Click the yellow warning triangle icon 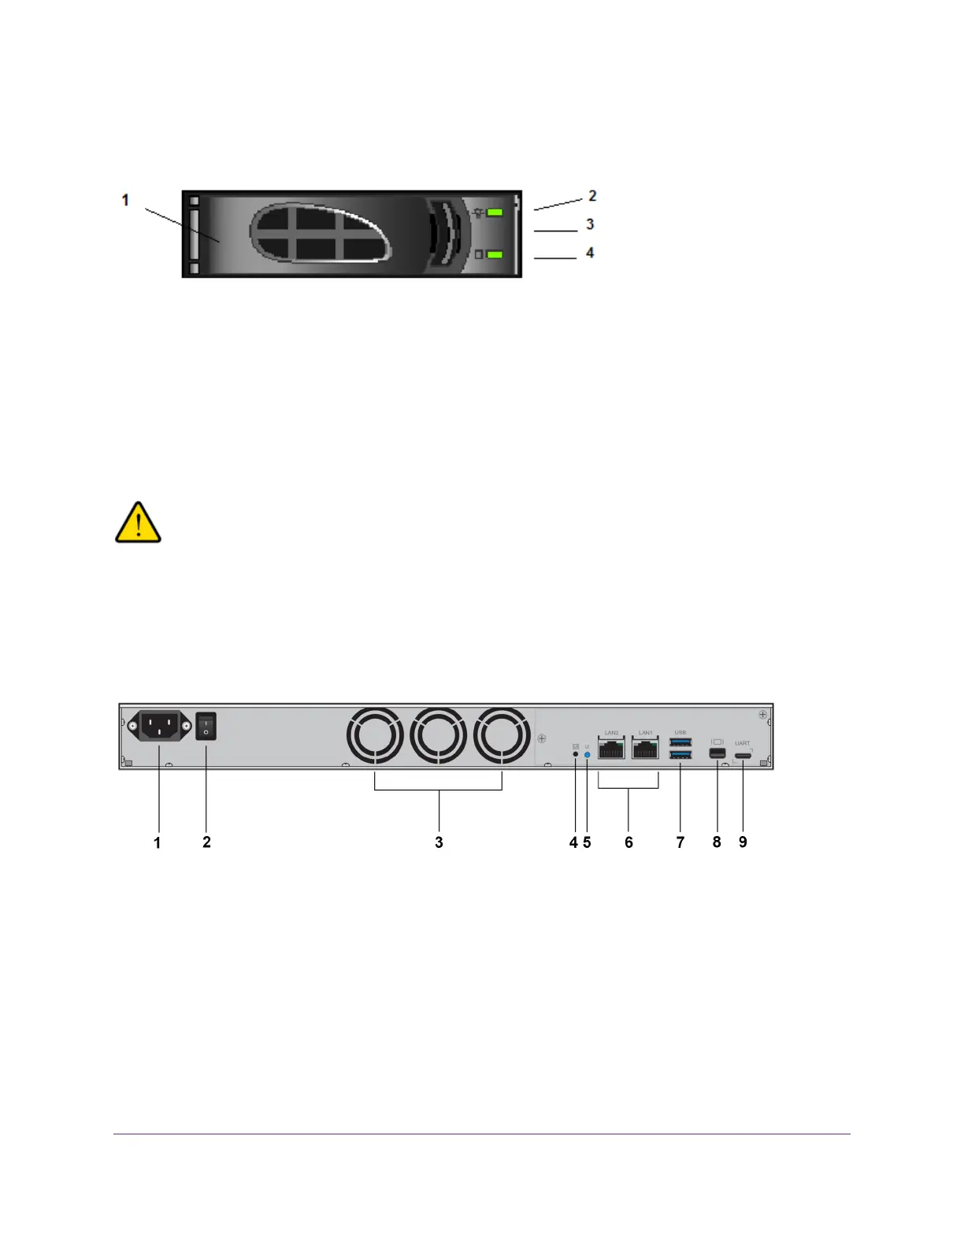click(138, 523)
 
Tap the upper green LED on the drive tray click(495, 212)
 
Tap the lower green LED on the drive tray click(495, 254)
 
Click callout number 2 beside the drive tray click(592, 195)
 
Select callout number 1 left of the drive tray click(125, 201)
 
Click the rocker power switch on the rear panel click(206, 726)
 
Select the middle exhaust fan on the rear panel click(439, 736)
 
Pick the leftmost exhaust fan click(375, 736)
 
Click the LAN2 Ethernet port click(611, 749)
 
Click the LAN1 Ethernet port click(645, 749)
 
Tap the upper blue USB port click(680, 742)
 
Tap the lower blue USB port click(680, 756)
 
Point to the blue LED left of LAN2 click(587, 754)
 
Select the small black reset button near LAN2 click(575, 754)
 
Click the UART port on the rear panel click(743, 756)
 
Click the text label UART click(743, 743)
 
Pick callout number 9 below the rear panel click(743, 842)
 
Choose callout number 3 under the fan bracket click(439, 842)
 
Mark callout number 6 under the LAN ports click(628, 842)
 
